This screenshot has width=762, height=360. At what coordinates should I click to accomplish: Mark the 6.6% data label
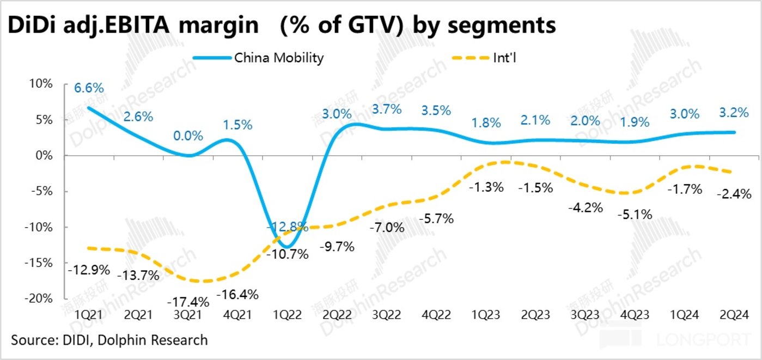[89, 88]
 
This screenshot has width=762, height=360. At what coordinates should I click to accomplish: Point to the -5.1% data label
[635, 215]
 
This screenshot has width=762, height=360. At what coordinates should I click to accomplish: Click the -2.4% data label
[734, 193]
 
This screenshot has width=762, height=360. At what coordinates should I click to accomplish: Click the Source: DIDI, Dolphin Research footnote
[109, 340]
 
